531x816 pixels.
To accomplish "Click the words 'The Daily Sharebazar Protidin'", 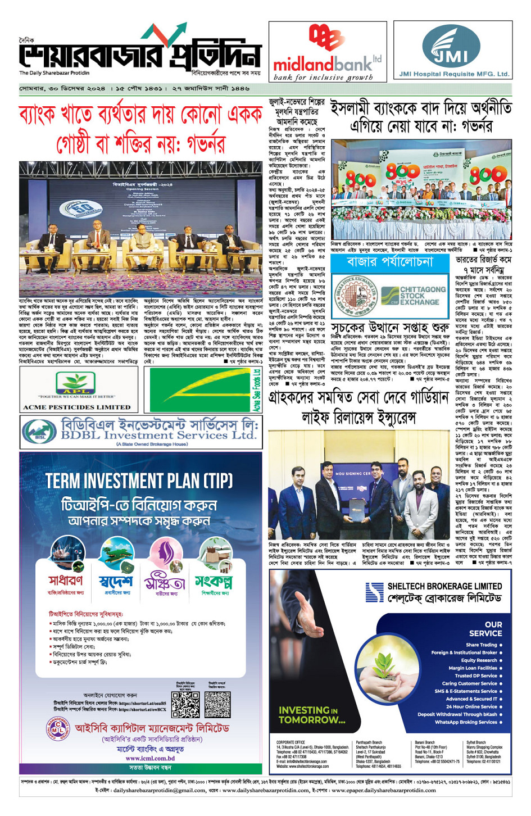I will (55, 73).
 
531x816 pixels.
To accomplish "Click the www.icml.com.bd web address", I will (150, 758).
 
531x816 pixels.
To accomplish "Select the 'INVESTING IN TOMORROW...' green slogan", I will (312, 715).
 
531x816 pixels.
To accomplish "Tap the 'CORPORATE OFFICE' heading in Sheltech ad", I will (291, 742).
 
